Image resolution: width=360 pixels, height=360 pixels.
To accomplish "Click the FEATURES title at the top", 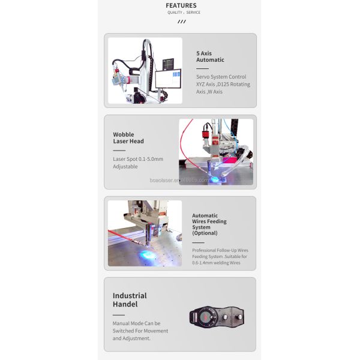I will [x=181, y=5].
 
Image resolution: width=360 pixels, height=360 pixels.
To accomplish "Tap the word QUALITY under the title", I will [x=175, y=13].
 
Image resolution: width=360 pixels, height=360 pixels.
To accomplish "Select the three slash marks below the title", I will [x=181, y=22].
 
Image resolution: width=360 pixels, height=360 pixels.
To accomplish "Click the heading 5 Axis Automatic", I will [x=210, y=56].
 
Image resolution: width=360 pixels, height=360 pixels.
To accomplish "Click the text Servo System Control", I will [x=221, y=77].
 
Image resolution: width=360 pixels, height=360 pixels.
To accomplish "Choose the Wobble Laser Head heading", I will [x=128, y=138].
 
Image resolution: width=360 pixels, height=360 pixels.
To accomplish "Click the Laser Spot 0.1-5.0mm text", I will [x=139, y=159].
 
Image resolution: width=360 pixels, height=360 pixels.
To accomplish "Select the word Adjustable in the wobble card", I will [x=125, y=167].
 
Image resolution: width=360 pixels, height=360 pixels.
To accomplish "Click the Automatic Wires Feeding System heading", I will [x=209, y=221].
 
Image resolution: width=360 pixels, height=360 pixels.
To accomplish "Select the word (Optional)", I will [x=205, y=233].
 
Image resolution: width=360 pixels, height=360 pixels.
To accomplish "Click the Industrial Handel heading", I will [x=130, y=299].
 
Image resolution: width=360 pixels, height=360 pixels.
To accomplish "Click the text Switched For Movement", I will [x=140, y=331].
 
